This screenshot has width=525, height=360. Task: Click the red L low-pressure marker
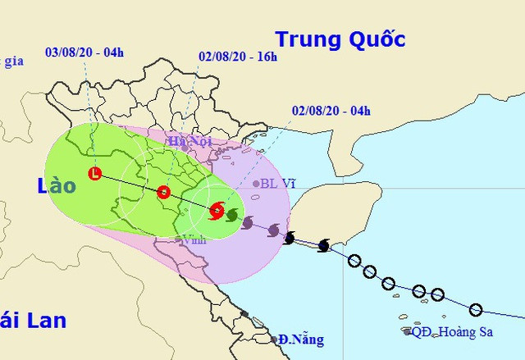pyautogui.click(x=95, y=174)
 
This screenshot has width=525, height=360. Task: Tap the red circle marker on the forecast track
pyautogui.click(x=163, y=193)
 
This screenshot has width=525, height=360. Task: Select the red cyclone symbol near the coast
pyautogui.click(x=216, y=211)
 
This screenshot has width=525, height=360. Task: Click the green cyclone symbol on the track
pyautogui.click(x=232, y=216)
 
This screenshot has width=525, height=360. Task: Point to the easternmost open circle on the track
pyautogui.click(x=476, y=310)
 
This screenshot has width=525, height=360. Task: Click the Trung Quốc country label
pyautogui.click(x=340, y=39)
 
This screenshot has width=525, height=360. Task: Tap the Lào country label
pyautogui.click(x=56, y=186)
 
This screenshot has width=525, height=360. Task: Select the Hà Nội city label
pyautogui.click(x=189, y=142)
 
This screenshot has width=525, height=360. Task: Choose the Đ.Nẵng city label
pyautogui.click(x=301, y=339)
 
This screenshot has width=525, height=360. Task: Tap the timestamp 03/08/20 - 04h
pyautogui.click(x=85, y=52)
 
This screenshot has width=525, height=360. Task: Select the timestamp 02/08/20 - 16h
pyautogui.click(x=238, y=57)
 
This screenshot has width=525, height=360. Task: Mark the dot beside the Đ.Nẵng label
pyautogui.click(x=275, y=339)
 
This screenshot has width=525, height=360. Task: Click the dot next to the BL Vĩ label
pyautogui.click(x=256, y=184)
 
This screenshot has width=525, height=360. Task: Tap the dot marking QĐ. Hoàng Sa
pyautogui.click(x=408, y=331)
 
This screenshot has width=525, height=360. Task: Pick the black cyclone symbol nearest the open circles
pyautogui.click(x=323, y=245)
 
